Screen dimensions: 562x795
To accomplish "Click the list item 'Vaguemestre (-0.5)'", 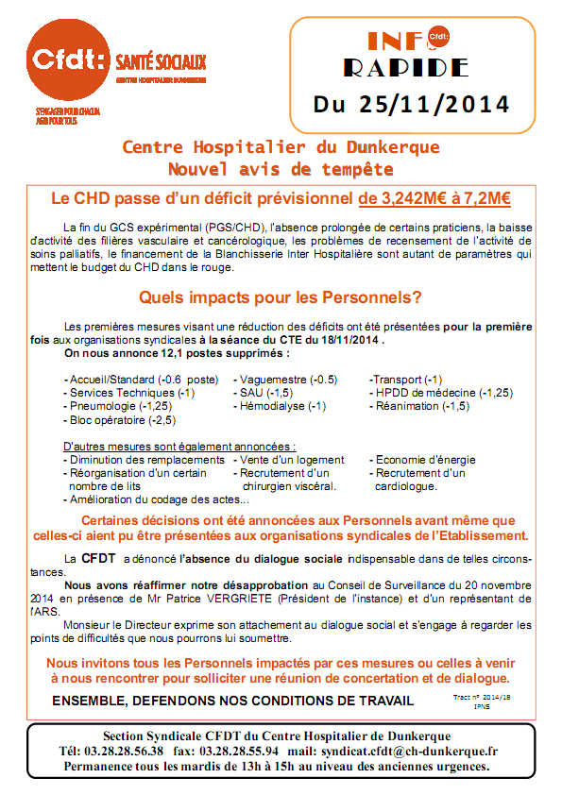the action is [288, 379].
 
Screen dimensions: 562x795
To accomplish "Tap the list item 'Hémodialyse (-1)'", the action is [282, 406].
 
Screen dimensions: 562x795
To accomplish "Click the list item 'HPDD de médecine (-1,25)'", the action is [443, 392].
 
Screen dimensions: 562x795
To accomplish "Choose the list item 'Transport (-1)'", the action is [407, 379].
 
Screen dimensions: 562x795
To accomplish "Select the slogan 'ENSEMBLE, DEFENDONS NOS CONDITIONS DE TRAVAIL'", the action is [232, 700].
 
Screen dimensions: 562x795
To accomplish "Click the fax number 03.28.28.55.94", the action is [233, 750].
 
